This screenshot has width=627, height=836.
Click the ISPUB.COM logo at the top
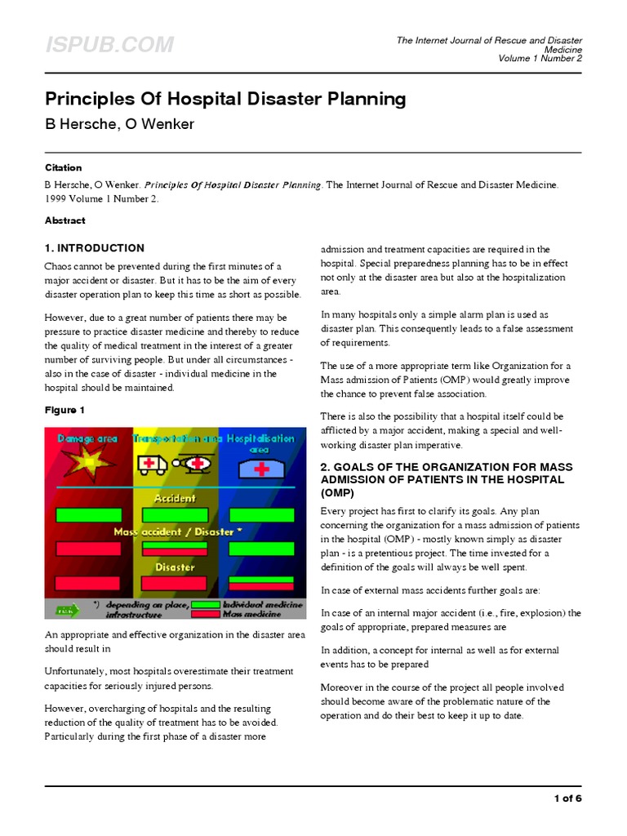[109, 45]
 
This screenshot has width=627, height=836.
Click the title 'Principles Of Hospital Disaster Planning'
[225, 100]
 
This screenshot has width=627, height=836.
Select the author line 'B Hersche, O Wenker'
[119, 123]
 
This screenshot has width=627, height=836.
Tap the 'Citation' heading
[64, 167]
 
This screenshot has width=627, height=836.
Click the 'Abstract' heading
[65, 220]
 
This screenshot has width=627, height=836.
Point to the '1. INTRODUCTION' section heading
[95, 248]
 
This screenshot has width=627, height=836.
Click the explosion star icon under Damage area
[87, 466]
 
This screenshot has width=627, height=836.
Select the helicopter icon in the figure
[196, 464]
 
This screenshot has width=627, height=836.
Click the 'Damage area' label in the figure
[87, 438]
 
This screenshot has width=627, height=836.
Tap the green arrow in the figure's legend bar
[66, 609]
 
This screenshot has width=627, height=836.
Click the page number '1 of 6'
[567, 798]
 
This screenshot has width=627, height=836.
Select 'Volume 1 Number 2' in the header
[540, 58]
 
